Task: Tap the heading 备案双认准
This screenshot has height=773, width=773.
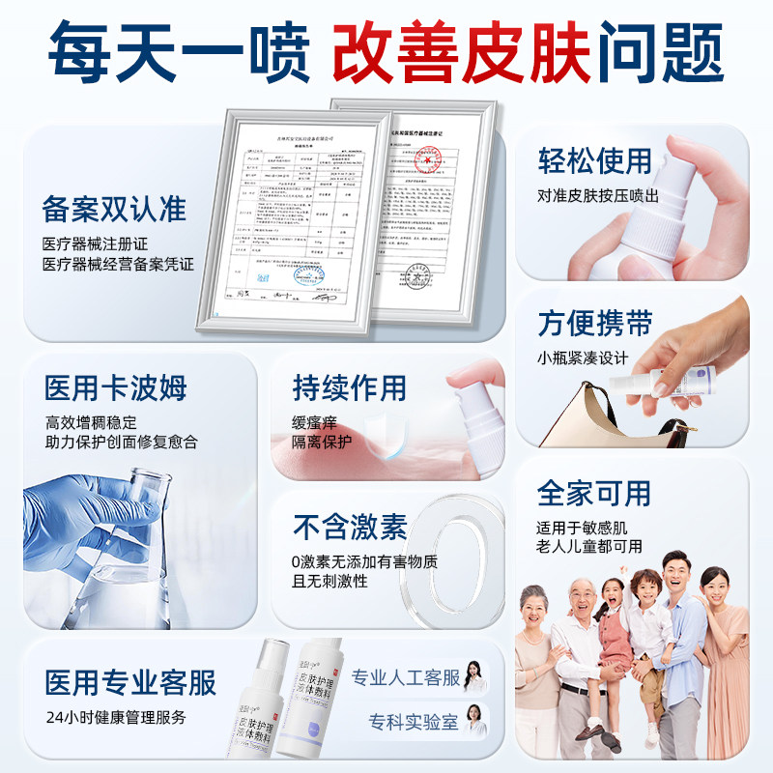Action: pos(113,209)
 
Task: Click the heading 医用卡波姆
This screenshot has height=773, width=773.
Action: pos(115,388)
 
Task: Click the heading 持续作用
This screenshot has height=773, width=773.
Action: pos(349,388)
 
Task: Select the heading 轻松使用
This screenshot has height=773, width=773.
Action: pos(594,160)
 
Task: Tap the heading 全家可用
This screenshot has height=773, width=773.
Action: pos(594,493)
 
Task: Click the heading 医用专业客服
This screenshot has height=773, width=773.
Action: pos(129,682)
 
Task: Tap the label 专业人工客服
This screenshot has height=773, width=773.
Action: pos(405,677)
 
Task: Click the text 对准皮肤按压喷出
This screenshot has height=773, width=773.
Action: pos(598,196)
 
